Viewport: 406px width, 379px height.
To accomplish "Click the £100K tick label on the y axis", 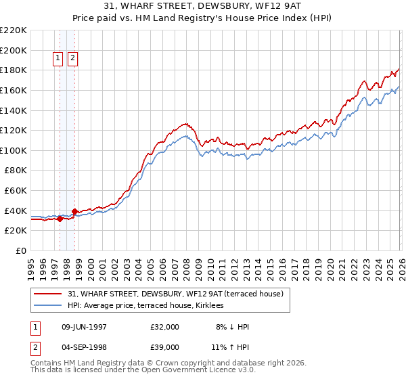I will (14, 150).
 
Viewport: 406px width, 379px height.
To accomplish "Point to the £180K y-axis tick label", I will (14, 70).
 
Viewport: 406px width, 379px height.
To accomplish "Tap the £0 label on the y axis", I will (22, 251).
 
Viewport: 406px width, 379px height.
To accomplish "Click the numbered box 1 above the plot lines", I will (58, 59).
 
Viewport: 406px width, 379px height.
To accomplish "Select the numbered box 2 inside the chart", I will (72, 59).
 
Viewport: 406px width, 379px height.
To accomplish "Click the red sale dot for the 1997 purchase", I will (60, 219).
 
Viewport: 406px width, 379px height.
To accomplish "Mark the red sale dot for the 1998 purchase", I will (74, 212).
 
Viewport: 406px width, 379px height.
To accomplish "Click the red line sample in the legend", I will (49, 294).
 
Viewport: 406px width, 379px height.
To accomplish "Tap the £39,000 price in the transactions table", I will (165, 347).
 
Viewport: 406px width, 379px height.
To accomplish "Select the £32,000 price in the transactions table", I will (165, 326).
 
